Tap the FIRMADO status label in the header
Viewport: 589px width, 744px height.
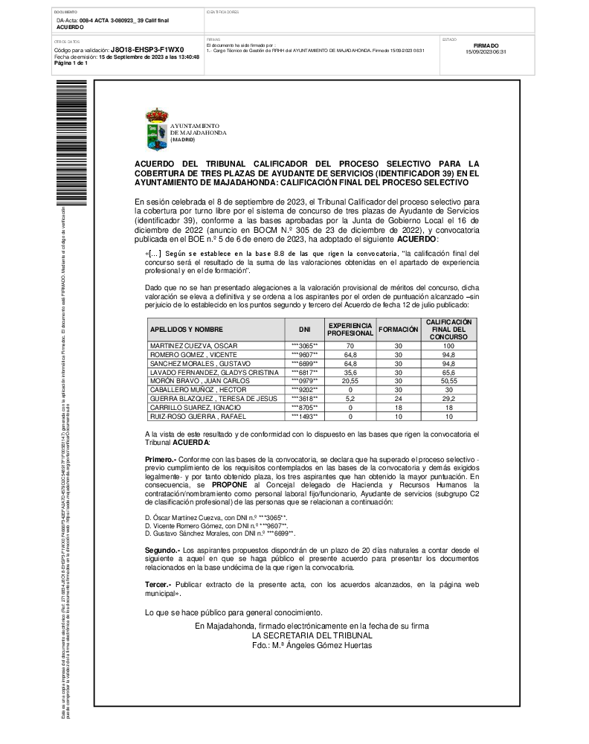(486, 45)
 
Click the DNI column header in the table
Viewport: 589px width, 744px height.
(304, 329)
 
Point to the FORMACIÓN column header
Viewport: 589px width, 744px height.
(399, 329)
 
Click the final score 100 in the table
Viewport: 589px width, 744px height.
(448, 347)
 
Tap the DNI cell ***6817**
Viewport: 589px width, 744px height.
(304, 372)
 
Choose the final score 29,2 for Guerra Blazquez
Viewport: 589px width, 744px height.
(448, 399)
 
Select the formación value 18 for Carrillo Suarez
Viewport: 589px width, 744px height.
(398, 408)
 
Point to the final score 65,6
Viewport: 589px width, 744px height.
(448, 372)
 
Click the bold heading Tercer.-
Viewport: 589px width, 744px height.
(158, 585)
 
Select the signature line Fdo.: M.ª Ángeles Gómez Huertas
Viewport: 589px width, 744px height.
(312, 645)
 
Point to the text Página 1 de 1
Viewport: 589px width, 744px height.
(71, 63)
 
